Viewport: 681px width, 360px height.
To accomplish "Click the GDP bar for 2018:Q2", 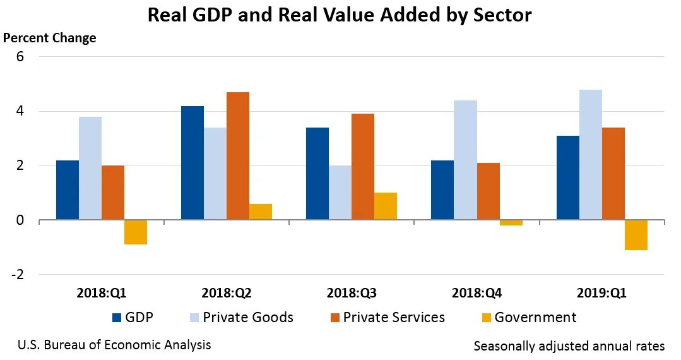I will click(x=192, y=163).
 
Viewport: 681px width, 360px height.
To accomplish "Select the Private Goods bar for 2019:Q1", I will click(x=591, y=155).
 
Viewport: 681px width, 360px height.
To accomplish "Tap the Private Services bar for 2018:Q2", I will click(x=238, y=156).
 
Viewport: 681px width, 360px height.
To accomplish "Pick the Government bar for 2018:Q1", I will click(x=136, y=232).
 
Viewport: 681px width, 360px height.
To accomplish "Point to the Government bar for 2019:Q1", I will click(x=636, y=235).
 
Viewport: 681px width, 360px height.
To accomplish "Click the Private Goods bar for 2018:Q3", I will click(x=340, y=193).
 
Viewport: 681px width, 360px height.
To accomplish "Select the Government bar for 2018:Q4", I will click(x=511, y=223).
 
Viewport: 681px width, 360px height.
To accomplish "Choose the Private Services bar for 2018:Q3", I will click(x=363, y=167).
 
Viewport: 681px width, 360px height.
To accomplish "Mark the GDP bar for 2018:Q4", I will click(x=442, y=190).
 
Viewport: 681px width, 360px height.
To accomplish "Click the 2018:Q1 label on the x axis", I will click(x=102, y=294).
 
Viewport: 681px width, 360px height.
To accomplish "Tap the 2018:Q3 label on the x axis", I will click(x=352, y=294).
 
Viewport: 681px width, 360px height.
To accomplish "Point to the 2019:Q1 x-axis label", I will click(x=602, y=294).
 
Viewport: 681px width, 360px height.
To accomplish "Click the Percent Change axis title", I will click(x=50, y=38).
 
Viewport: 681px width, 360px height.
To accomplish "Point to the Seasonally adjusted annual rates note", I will click(x=569, y=346).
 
